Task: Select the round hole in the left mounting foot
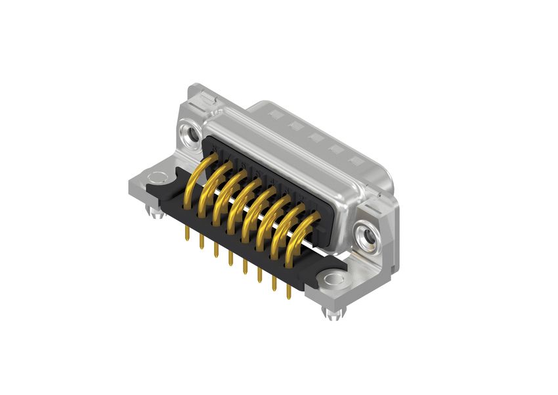[157, 176]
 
